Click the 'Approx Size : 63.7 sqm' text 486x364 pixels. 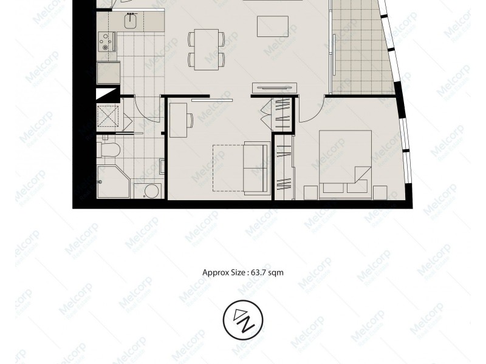[x=242, y=273]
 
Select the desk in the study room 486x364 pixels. [x=177, y=119]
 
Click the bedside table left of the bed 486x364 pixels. [x=309, y=192]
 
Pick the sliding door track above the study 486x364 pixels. [x=211, y=99]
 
